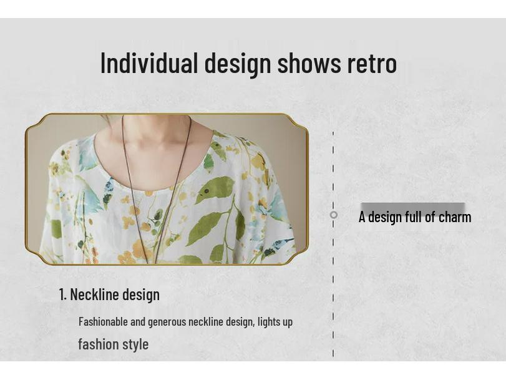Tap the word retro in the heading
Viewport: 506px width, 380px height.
pos(372,63)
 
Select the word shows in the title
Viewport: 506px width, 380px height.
pos(309,63)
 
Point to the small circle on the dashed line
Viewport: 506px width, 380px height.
pos(334,215)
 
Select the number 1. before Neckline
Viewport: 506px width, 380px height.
pos(62,295)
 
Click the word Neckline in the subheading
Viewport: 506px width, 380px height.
pos(94,295)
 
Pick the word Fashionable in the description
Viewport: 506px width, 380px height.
pos(103,322)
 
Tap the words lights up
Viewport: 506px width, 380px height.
pos(275,322)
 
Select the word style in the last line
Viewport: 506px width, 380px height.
pos(135,344)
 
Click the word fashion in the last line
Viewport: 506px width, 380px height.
pos(99,344)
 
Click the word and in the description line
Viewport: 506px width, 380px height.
pos(138,322)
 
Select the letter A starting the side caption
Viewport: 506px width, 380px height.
pos(362,217)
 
